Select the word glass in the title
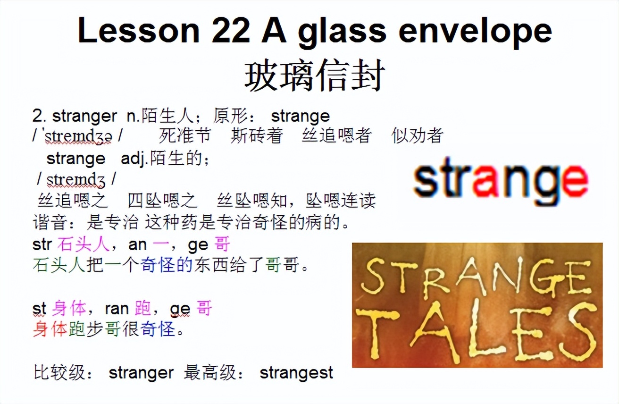point(347,31)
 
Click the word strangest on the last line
point(296,373)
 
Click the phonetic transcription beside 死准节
point(78,136)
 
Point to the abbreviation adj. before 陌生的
point(134,159)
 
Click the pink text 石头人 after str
point(83,244)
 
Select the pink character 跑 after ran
point(143,309)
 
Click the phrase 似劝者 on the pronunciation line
point(417,136)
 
